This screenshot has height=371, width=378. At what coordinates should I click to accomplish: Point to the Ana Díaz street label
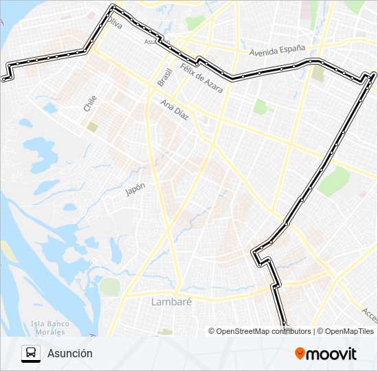(x=175, y=111)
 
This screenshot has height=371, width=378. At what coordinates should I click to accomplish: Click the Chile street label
(x=90, y=104)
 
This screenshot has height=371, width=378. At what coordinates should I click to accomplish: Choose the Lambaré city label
(x=171, y=301)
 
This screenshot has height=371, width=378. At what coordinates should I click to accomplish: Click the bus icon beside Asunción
(x=31, y=354)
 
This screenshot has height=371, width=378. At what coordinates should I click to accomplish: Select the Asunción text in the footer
(x=70, y=354)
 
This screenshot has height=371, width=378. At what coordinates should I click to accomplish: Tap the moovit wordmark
(x=332, y=354)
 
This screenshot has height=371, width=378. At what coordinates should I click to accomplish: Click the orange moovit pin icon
(x=300, y=354)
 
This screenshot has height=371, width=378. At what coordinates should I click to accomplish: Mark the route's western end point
(x=4, y=79)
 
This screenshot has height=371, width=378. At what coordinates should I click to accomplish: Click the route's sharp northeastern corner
(x=373, y=74)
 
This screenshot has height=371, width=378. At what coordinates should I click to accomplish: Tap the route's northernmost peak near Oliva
(x=113, y=7)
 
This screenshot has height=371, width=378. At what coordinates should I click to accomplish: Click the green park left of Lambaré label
(x=109, y=286)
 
